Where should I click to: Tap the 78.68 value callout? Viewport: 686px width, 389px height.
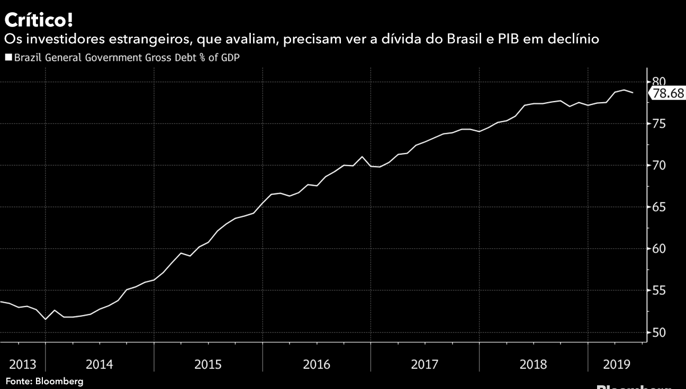(x=668, y=94)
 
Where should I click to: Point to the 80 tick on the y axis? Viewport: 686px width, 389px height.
(x=658, y=82)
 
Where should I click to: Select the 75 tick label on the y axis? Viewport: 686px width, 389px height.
(x=658, y=124)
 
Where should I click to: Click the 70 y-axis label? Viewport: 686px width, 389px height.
(x=658, y=166)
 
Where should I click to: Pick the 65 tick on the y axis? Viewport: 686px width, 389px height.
(x=658, y=207)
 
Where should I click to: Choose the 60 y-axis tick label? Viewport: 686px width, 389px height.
(x=658, y=249)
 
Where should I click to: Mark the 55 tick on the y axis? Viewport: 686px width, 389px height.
(x=658, y=291)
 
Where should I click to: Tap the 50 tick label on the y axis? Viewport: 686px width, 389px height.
(x=658, y=332)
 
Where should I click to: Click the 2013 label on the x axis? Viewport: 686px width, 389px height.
(x=23, y=365)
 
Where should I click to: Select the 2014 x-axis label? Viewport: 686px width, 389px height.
(x=99, y=365)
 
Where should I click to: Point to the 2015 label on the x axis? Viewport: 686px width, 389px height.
(x=208, y=365)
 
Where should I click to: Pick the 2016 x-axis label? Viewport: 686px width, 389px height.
(x=317, y=365)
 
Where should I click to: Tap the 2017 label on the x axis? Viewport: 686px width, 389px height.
(x=425, y=365)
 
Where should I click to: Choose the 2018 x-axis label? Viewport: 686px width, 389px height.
(x=533, y=365)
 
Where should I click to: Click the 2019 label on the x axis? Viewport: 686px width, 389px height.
(x=616, y=365)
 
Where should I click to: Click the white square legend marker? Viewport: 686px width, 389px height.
(x=8, y=57)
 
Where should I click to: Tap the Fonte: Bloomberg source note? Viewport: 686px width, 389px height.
(x=44, y=381)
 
